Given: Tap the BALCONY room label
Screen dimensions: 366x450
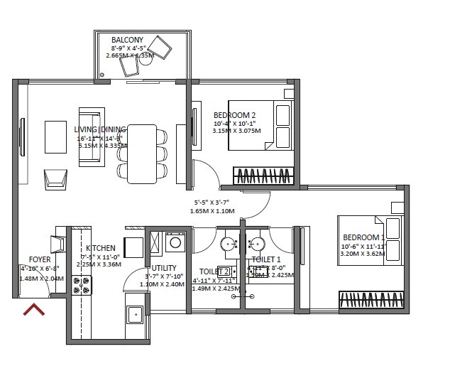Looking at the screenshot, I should pyautogui.click(x=127, y=40).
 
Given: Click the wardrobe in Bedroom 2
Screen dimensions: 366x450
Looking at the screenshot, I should pyautogui.click(x=263, y=175).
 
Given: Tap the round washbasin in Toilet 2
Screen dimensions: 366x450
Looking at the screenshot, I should pyautogui.click(x=229, y=243).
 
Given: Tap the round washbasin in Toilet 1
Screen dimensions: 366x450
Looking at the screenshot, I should pyautogui.click(x=255, y=243).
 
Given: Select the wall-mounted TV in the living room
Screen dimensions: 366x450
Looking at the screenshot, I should pyautogui.click(x=22, y=136).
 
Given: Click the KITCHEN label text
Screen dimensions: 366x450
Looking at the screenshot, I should pyautogui.click(x=100, y=248).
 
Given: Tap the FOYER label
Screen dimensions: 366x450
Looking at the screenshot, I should pyautogui.click(x=39, y=259).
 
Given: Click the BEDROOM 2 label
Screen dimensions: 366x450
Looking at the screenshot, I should pyautogui.click(x=234, y=115).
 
